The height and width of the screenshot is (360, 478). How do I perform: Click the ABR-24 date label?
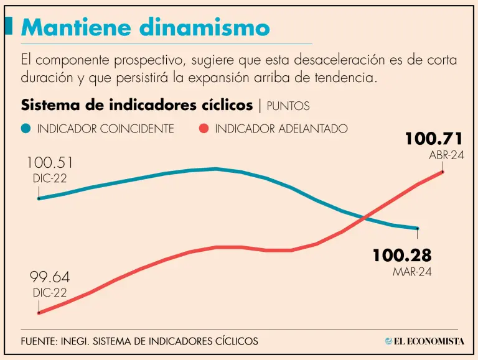pos(446,155)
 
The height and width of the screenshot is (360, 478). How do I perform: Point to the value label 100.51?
pos(50,163)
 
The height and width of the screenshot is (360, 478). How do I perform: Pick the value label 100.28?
pos(402,256)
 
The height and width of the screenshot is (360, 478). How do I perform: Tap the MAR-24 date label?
pos(412,272)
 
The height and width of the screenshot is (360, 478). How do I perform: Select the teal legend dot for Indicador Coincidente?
pos(26,129)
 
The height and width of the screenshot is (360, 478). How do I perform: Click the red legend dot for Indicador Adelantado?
pos(203,129)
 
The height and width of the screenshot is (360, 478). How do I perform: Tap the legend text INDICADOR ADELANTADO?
pos(281,129)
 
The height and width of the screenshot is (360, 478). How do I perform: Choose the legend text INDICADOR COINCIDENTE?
pos(105,129)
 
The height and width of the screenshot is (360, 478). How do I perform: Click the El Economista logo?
pos(424,341)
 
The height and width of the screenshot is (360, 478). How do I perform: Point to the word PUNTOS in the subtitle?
pos(288,106)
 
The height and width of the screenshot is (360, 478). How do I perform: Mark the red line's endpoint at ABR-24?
pos(443,172)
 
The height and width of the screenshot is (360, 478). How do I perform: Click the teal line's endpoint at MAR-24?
pos(418,229)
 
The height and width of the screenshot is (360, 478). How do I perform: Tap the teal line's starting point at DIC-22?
pos(39,198)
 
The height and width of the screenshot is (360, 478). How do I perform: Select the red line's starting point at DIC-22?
pos(39,313)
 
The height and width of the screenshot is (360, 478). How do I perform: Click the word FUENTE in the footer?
pos(38,341)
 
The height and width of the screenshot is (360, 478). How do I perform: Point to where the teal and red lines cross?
pos(365,218)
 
